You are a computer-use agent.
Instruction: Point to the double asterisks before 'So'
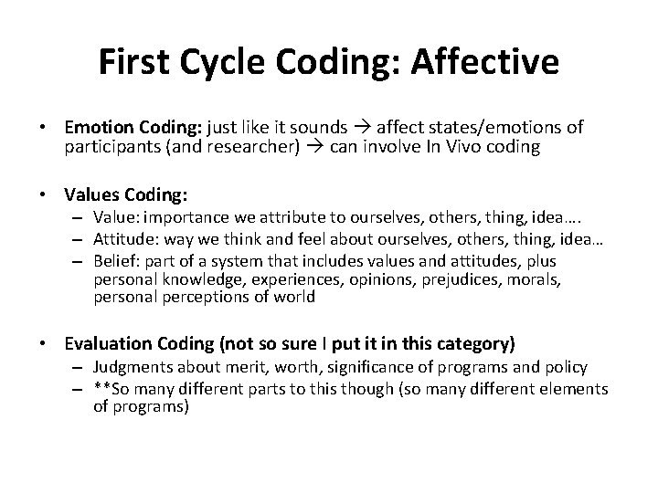pyautogui.click(x=101, y=388)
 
